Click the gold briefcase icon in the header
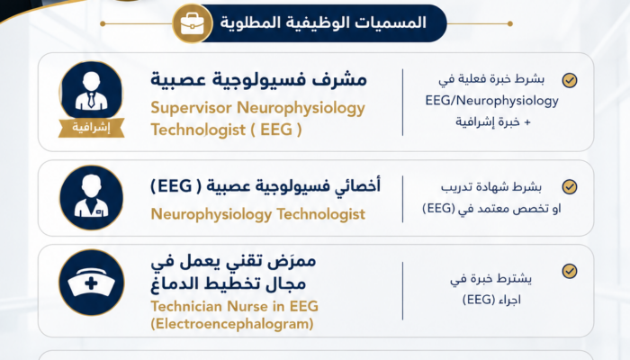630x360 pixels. click(192, 23)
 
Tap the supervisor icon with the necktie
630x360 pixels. click(91, 90)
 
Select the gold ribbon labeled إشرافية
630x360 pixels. click(91, 128)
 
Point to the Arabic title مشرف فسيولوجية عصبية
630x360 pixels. click(259, 79)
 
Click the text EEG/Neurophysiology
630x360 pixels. click(491, 101)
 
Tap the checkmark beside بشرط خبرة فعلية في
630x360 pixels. click(570, 80)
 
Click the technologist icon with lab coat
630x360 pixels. click(91, 198)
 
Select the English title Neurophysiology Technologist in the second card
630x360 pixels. click(258, 214)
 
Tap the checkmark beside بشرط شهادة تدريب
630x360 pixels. click(570, 187)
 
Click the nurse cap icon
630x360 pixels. click(91, 283)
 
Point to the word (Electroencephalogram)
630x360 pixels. click(232, 323)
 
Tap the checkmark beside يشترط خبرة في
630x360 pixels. click(570, 271)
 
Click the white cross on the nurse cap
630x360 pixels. click(91, 283)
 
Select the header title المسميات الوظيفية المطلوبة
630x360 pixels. click(323, 22)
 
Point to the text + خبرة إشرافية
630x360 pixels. click(493, 121)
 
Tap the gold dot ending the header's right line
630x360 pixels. click(510, 23)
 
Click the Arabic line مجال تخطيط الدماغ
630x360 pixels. click(229, 284)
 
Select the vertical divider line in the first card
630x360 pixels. click(402, 102)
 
